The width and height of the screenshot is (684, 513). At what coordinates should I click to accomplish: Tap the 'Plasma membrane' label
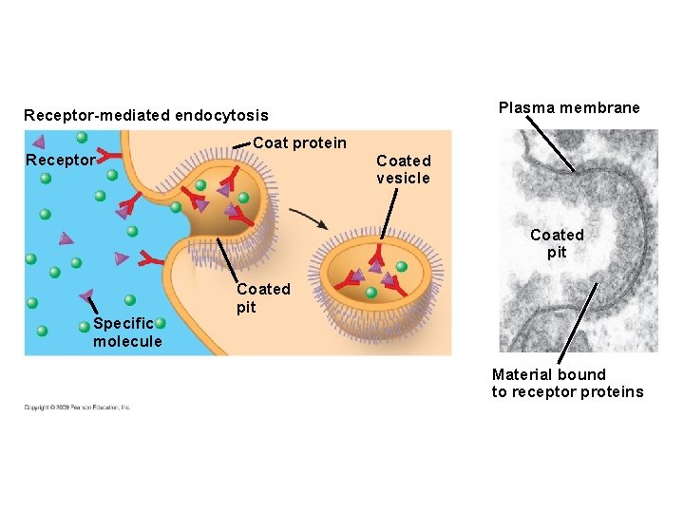(569, 107)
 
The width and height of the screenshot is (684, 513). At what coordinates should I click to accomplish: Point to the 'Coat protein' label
(300, 142)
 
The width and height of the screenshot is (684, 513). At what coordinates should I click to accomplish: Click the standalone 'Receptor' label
(60, 160)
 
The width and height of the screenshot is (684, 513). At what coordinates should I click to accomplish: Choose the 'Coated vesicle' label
(403, 169)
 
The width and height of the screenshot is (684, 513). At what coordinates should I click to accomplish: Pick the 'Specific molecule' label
(126, 332)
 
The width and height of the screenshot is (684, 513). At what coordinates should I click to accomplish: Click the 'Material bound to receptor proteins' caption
(567, 383)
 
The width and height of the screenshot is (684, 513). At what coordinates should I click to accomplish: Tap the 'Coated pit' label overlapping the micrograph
(557, 242)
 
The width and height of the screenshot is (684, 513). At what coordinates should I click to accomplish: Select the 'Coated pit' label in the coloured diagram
(263, 296)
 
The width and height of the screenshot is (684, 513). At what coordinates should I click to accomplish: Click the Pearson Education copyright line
(78, 408)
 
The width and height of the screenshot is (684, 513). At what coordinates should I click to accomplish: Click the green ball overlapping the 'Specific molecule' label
(161, 324)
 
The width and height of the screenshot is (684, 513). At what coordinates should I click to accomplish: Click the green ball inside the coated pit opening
(200, 185)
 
